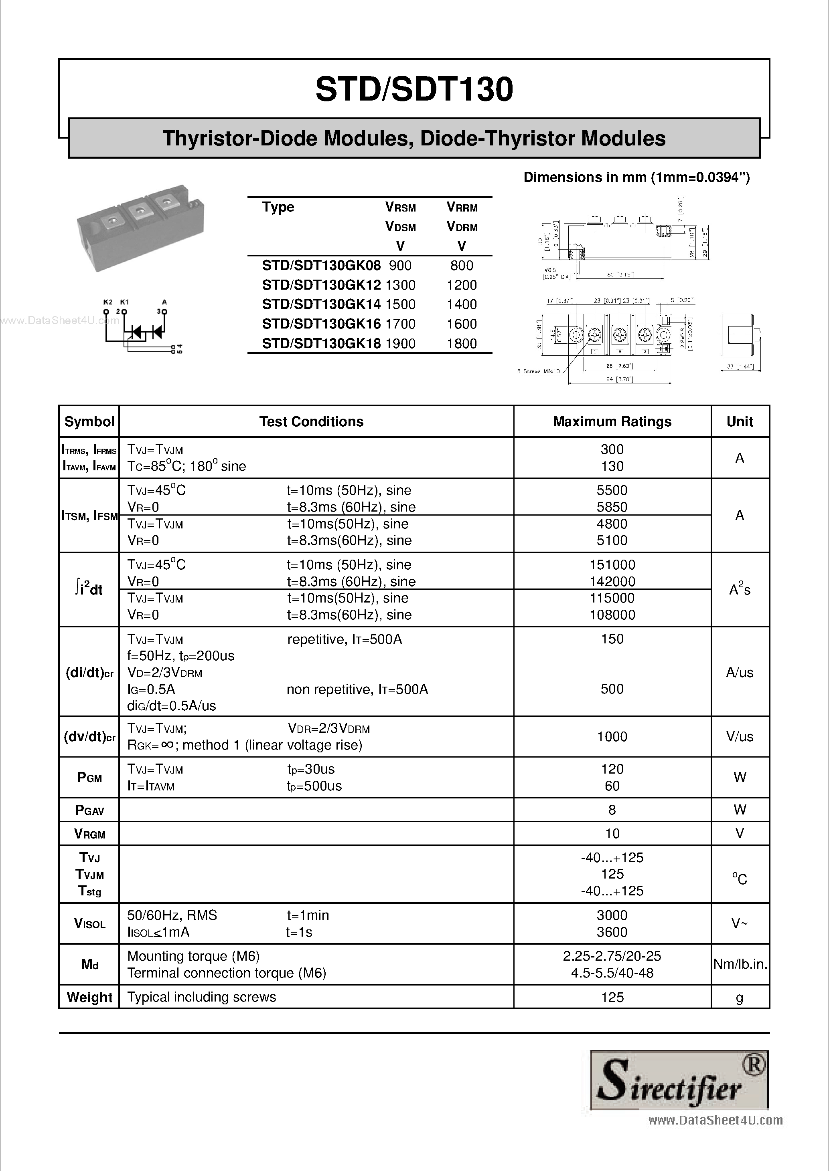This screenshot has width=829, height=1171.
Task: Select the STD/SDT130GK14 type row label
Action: pos(321,304)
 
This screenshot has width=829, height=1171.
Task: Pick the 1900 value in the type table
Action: pos(401,344)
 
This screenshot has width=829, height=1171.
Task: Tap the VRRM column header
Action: pos(462,207)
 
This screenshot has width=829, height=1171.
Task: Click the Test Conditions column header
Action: pos(311,422)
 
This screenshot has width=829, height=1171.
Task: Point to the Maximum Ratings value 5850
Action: pos(612,507)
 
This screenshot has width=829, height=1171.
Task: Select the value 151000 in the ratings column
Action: pos(612,564)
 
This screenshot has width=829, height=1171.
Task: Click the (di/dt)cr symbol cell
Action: pos(89,673)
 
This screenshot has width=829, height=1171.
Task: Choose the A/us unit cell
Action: pos(739,673)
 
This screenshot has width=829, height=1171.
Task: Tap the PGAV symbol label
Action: pos(89,810)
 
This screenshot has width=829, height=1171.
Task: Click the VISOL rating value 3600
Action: pos(612,932)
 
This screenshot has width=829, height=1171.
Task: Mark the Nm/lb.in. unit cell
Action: pos(740,964)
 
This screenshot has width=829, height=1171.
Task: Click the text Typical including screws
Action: pos(202,997)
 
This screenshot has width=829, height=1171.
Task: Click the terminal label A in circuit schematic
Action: pos(164,302)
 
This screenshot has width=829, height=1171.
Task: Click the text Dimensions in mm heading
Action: pos(636,177)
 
